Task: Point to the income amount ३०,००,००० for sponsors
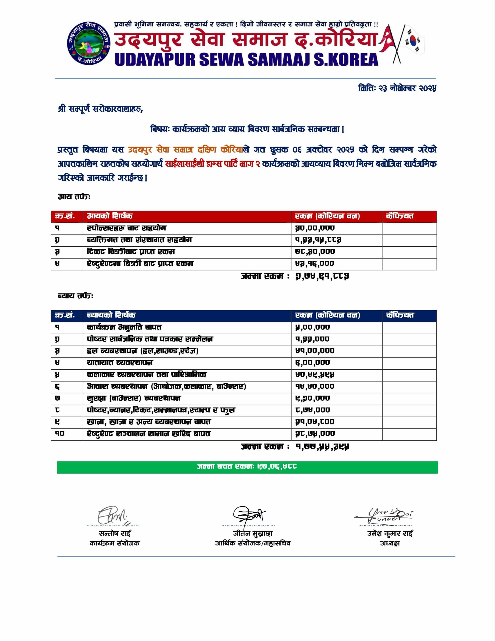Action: point(315,228)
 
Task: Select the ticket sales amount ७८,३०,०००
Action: point(315,252)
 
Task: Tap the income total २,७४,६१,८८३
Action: point(322,276)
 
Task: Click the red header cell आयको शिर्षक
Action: point(110,216)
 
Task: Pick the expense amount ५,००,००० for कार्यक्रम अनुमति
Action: point(312,327)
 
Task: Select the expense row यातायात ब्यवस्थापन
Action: point(120,363)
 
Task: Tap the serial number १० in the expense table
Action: point(59,434)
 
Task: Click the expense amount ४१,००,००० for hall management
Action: point(315,351)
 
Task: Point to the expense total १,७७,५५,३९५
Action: point(322,447)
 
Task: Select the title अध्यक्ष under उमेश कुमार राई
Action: point(390,543)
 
